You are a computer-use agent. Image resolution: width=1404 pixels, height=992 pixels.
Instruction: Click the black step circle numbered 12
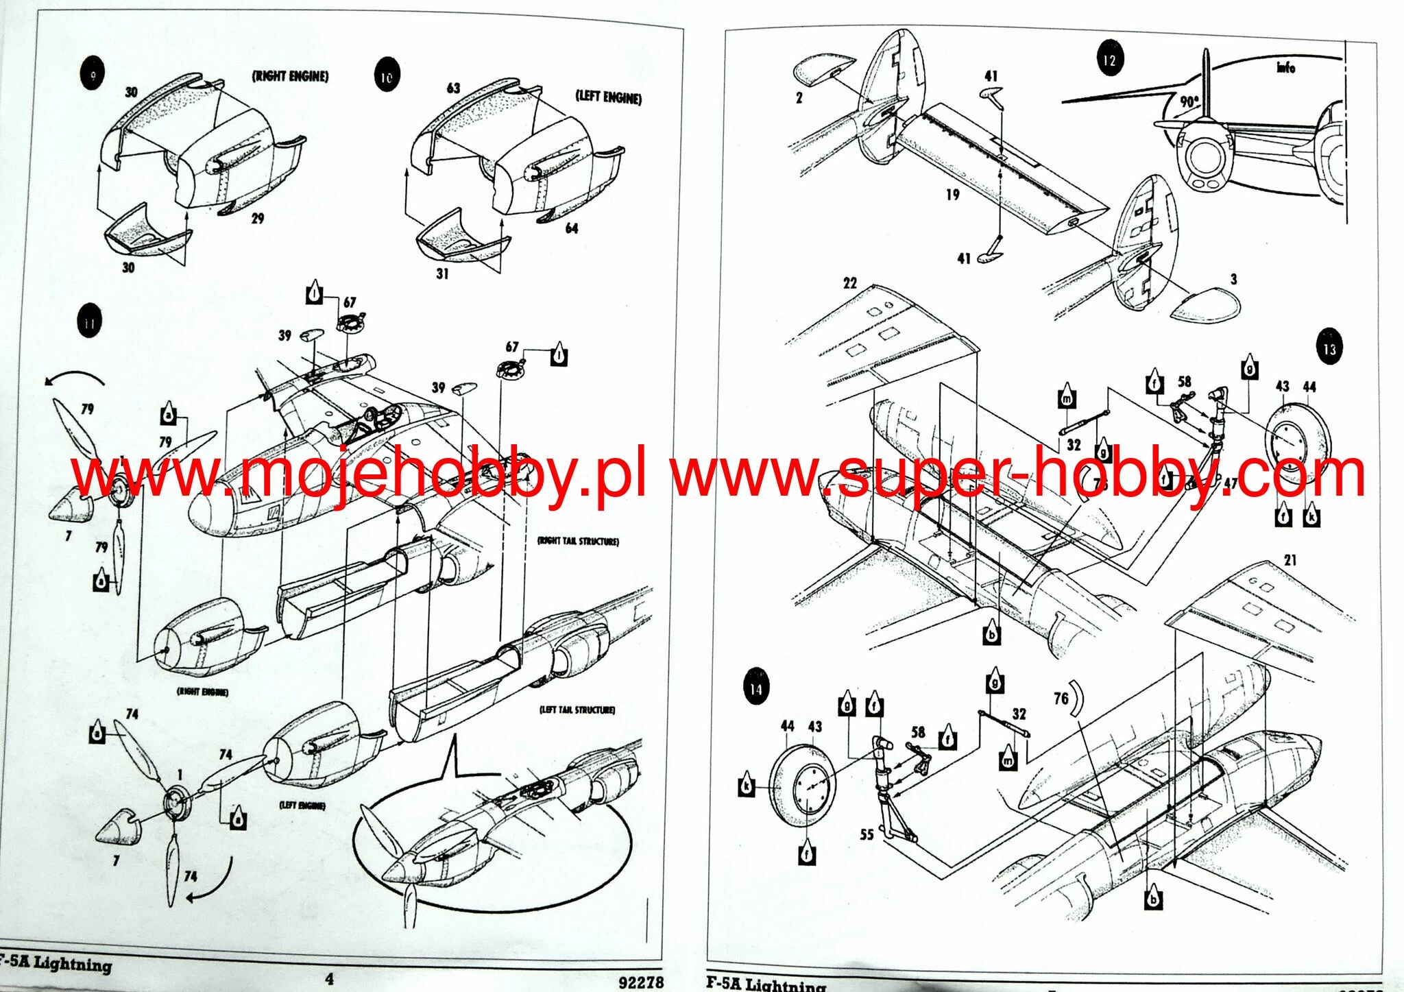coord(1109,60)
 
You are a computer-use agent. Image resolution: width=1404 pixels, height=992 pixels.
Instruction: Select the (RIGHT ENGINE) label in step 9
coord(290,76)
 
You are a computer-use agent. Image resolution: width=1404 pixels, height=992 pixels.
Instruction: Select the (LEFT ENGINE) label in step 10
coord(608,97)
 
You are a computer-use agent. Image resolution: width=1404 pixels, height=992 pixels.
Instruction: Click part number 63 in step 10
coord(453,88)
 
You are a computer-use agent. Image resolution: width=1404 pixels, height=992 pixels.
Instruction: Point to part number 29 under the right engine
coord(258,218)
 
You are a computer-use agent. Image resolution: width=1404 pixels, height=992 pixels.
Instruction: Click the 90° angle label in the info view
coord(1189,101)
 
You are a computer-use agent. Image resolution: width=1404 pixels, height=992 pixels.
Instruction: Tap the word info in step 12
coord(1286,67)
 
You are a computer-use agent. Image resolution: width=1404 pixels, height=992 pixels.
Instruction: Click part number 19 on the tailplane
coord(952,195)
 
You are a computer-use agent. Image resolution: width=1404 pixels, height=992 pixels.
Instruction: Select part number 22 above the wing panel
coord(850,283)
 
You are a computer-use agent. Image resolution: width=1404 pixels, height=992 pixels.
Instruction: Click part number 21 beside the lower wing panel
coord(1290,560)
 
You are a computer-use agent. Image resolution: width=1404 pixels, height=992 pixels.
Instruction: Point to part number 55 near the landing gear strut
coord(867,834)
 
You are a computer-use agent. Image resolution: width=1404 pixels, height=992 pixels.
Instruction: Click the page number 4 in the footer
coord(330,978)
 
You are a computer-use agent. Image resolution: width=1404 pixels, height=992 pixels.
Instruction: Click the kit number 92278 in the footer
coord(641,982)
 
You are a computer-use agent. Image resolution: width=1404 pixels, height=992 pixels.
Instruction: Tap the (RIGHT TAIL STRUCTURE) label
coord(578,541)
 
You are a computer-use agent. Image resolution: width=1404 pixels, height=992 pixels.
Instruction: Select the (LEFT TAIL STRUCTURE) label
coord(577,710)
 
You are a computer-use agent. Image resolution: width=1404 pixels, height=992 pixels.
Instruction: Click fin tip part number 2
coord(799,98)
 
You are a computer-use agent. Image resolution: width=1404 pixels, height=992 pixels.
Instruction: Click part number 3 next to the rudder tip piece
coord(1234,279)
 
